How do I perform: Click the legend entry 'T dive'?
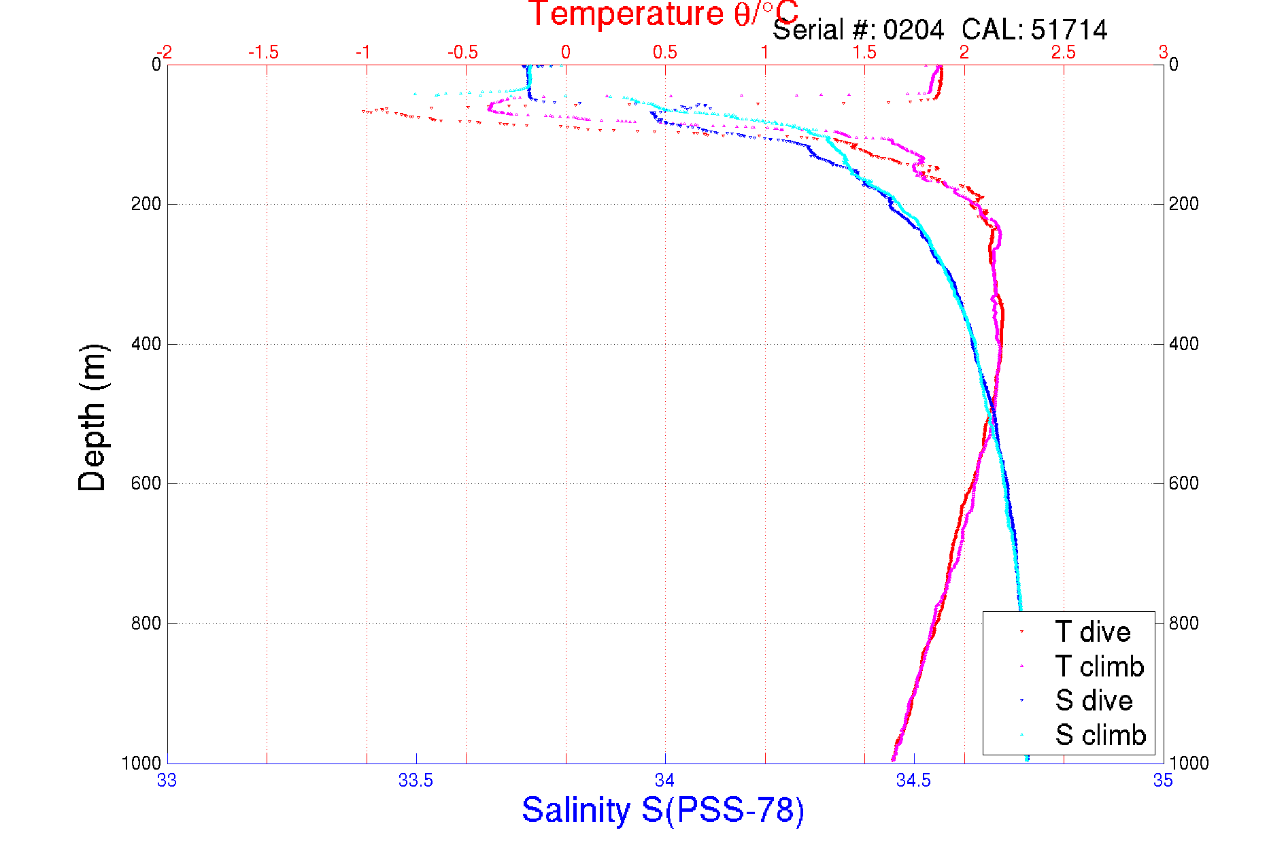(x=1092, y=632)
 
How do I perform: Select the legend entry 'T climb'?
(x=1099, y=666)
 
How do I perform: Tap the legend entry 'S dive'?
(x=1094, y=701)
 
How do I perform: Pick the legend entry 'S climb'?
(x=1100, y=735)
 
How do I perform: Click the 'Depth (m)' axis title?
(x=92, y=417)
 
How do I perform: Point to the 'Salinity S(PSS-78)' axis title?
(x=663, y=810)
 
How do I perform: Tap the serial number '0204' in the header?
(x=913, y=30)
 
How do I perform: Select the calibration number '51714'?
(x=1069, y=30)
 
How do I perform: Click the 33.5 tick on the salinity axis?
(x=416, y=780)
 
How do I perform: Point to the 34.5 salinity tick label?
(x=913, y=780)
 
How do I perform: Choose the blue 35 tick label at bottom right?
(x=1162, y=780)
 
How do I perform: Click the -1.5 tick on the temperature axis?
(x=263, y=52)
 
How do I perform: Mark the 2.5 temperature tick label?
(x=1063, y=52)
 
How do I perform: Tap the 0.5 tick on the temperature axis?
(x=664, y=52)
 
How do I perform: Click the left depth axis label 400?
(x=146, y=344)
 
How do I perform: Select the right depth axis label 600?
(x=1184, y=483)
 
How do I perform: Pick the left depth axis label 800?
(x=146, y=623)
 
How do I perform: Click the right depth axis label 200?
(x=1184, y=204)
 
